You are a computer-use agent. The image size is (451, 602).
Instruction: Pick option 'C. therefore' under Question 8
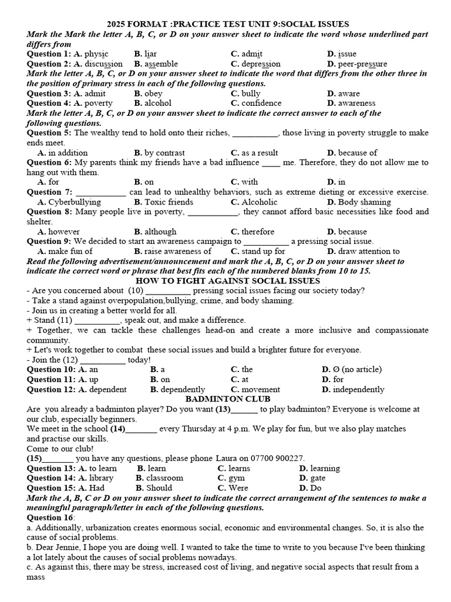253,232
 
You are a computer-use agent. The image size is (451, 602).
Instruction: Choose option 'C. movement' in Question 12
255,389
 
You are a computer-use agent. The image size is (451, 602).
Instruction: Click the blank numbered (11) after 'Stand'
97,320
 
